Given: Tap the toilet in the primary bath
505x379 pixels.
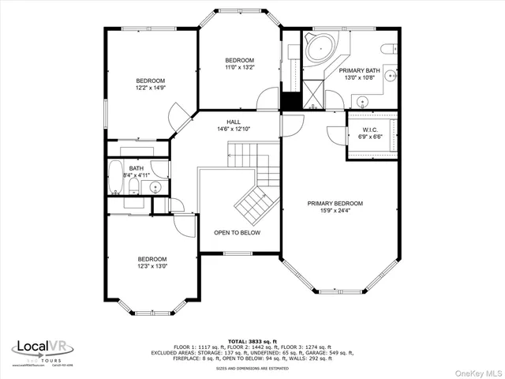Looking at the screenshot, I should pos(389,49).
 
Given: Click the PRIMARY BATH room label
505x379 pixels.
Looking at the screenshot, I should pos(359,71).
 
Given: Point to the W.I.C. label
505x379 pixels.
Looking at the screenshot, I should pos(372,129).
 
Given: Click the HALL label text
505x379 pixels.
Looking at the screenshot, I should pos(234,122).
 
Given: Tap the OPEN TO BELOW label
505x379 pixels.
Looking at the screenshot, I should pos(238,233).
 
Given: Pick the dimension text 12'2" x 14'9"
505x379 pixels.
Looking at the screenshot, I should pos(150,89).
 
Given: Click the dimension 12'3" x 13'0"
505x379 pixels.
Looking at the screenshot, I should pos(152,267).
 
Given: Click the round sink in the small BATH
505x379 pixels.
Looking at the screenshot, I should pos(156,187).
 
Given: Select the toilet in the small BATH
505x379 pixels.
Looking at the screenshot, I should pos(134,188).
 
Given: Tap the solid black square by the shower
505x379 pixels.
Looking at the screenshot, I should pos(291,102).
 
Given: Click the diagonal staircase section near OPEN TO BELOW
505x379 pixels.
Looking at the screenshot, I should pos(254,204).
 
